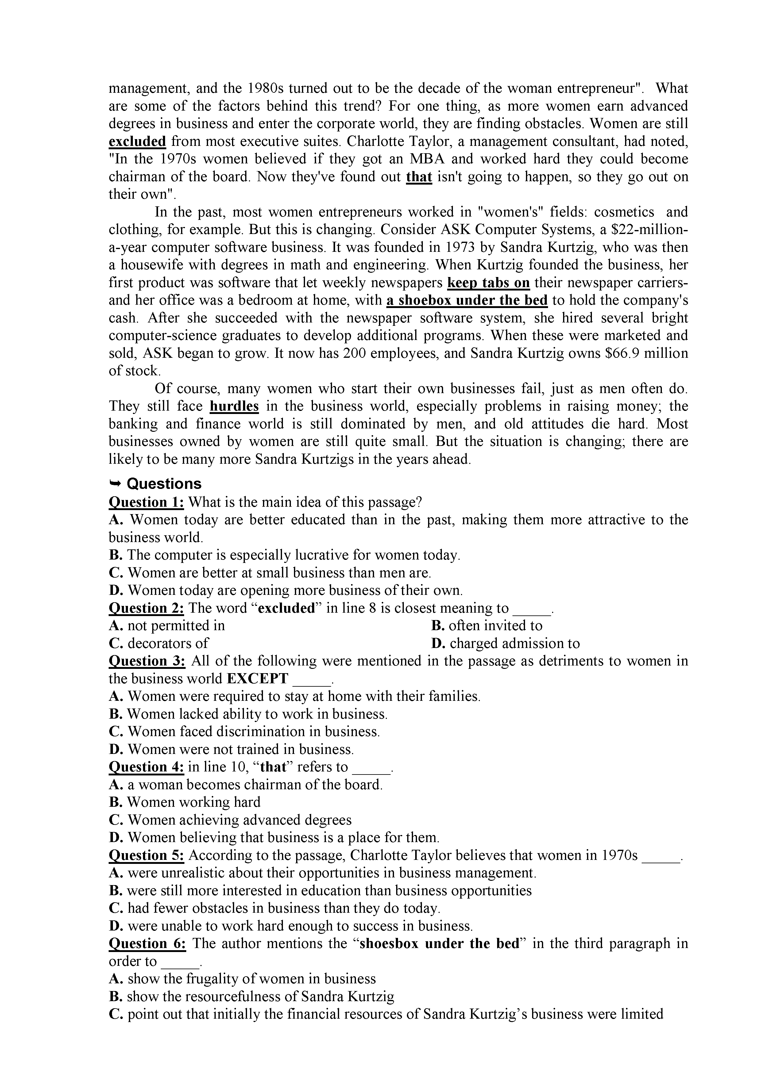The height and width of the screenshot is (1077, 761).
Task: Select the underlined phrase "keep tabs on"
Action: (489, 283)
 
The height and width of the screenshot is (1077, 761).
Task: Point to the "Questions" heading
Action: (164, 484)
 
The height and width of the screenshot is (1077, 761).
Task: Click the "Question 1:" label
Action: (146, 502)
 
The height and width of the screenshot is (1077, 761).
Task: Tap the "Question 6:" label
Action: (147, 943)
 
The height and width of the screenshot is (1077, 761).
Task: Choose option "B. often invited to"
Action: (486, 626)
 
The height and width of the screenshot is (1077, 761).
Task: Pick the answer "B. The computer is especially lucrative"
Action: (284, 555)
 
